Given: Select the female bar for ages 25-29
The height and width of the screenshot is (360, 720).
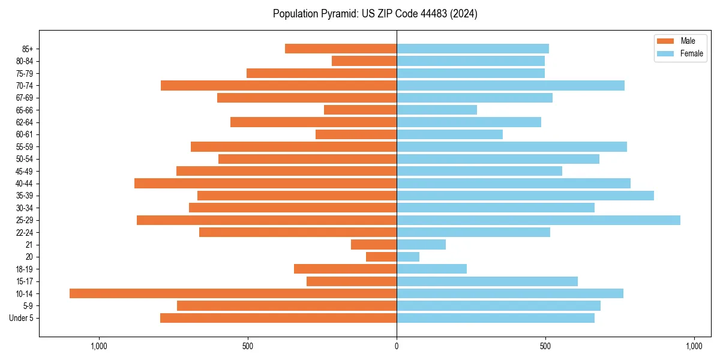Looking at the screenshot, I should [538, 220].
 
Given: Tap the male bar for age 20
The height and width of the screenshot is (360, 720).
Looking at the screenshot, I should [381, 257].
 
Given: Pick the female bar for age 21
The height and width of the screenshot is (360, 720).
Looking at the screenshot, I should [421, 245].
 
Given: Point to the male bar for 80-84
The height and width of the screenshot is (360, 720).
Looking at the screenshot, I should [364, 61].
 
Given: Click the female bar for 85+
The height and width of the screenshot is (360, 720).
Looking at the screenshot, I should [473, 49].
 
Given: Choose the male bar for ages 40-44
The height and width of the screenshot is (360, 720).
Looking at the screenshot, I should [265, 183].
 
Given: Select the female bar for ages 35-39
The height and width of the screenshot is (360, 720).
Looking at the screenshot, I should [525, 196].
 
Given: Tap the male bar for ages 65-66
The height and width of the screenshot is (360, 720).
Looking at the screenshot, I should [360, 110].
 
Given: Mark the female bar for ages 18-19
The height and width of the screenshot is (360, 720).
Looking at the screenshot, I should [431, 269].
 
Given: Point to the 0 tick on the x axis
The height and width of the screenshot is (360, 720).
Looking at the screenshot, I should [397, 346].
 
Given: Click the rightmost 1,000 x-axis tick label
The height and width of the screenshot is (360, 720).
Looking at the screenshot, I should [694, 346].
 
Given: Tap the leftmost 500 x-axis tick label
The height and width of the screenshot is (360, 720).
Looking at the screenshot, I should [248, 346].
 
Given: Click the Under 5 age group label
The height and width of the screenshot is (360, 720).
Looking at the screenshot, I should [21, 318].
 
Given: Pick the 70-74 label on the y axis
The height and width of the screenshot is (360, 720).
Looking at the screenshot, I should [25, 85].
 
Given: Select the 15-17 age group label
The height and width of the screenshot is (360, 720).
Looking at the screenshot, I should [25, 281].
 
